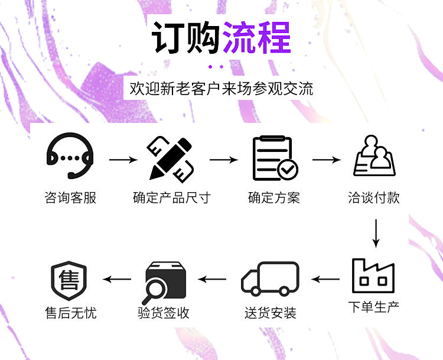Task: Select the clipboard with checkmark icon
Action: coord(274,158)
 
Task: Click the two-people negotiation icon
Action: coord(374,157)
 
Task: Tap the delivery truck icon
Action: coord(271,279)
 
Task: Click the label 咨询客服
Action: coord(70,197)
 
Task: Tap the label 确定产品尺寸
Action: coord(171,197)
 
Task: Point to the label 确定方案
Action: coord(274,197)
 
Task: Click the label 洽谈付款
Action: coord(374,197)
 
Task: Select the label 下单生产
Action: coord(373,307)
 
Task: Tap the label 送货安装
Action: coord(271,313)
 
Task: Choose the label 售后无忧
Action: coord(70,313)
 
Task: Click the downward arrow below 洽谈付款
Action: coord(375,234)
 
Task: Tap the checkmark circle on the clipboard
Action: coord(289,170)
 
